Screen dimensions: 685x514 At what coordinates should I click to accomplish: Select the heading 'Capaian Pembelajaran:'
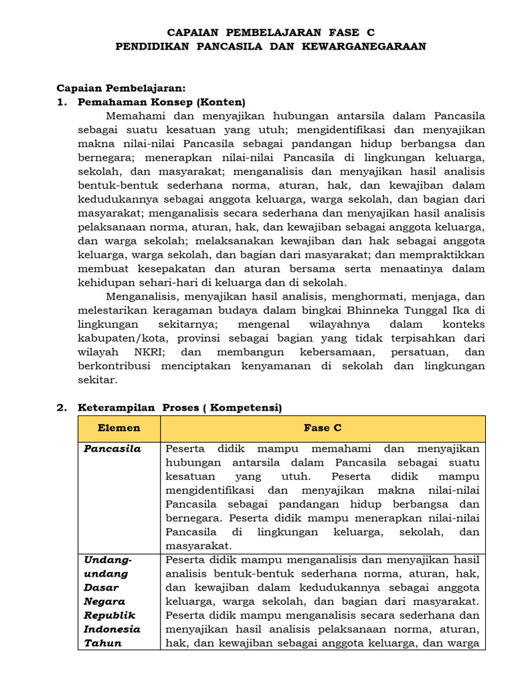120,88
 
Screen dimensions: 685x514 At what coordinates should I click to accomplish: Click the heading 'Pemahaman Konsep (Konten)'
161,102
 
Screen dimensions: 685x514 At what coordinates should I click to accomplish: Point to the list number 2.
61,407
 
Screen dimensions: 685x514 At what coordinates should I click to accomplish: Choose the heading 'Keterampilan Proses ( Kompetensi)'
180,407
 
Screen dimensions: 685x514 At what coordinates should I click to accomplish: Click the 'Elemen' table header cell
118,428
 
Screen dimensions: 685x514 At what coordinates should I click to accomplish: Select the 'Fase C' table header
323,428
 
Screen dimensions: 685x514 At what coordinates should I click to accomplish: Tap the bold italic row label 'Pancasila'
112,448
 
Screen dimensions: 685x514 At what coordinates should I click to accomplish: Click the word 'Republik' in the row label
109,615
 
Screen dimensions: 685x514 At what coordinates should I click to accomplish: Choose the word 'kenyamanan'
267,366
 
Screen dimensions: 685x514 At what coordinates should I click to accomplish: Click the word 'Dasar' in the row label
100,587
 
